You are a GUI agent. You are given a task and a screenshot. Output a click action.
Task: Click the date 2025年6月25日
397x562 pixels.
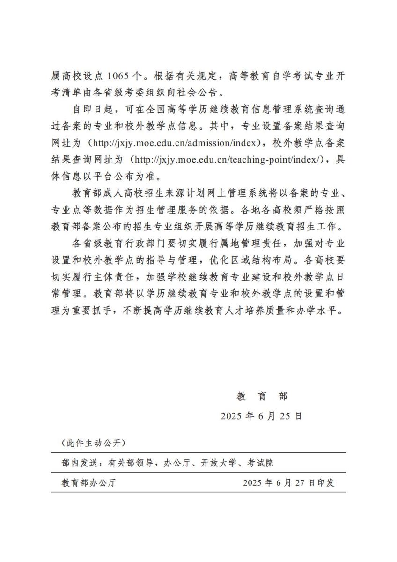tap(261, 416)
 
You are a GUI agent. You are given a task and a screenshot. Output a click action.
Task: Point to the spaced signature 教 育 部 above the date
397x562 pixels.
tap(262, 396)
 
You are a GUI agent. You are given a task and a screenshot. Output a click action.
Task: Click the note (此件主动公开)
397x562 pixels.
tap(93, 443)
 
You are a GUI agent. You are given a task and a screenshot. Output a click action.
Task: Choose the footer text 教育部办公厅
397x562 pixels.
tap(88, 483)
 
